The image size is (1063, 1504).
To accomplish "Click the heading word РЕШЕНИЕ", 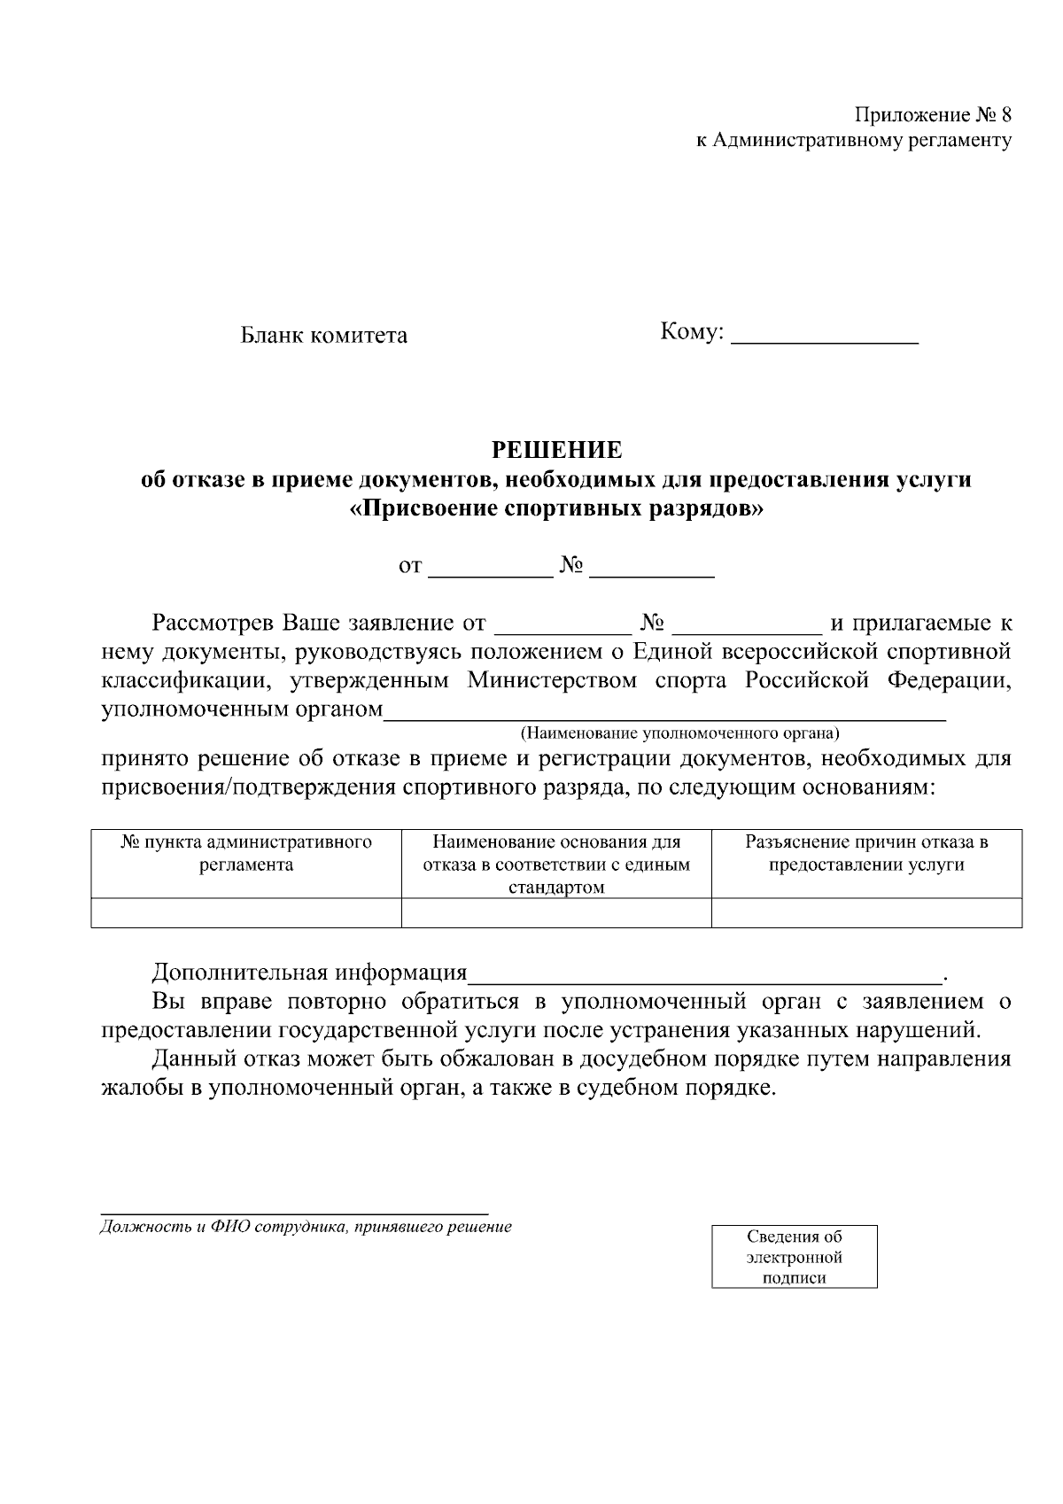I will click(x=556, y=450).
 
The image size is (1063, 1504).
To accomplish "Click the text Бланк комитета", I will click(x=324, y=336).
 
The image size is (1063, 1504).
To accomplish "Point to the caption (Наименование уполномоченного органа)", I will click(x=679, y=733).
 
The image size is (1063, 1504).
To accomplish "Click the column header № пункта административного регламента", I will click(x=246, y=853).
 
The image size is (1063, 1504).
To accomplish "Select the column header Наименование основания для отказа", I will click(x=556, y=864).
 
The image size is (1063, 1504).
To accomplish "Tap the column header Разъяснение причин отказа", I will click(x=865, y=853).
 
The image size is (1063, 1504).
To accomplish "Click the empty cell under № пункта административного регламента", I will click(x=246, y=913).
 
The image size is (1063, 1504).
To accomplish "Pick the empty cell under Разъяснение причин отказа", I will click(x=865, y=913).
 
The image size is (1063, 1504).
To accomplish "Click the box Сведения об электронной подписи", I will click(x=794, y=1256).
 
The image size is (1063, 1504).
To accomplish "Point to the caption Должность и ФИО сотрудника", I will click(x=306, y=1228).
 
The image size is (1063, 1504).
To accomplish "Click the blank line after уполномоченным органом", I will click(x=664, y=711).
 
